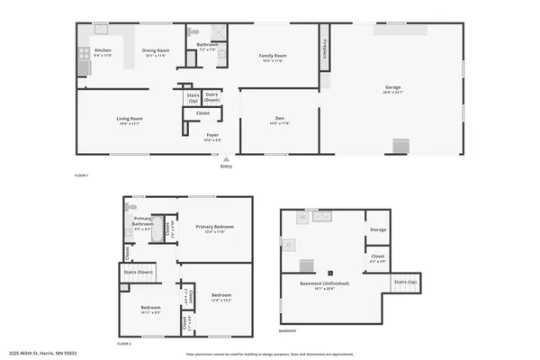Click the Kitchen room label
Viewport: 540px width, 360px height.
(103, 51)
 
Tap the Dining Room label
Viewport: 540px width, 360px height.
(157, 51)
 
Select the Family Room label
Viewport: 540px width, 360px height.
(273, 57)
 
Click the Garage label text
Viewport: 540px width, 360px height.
(393, 87)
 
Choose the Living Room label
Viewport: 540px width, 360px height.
(130, 119)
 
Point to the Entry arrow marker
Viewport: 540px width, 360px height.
(226, 159)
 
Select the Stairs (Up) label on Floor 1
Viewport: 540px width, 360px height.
(193, 96)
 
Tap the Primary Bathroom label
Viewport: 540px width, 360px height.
(142, 220)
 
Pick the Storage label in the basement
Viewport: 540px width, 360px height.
(378, 229)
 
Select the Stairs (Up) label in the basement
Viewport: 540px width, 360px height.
(406, 282)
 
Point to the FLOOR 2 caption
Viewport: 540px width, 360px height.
(124, 344)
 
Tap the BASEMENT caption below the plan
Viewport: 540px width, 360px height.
(288, 331)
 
